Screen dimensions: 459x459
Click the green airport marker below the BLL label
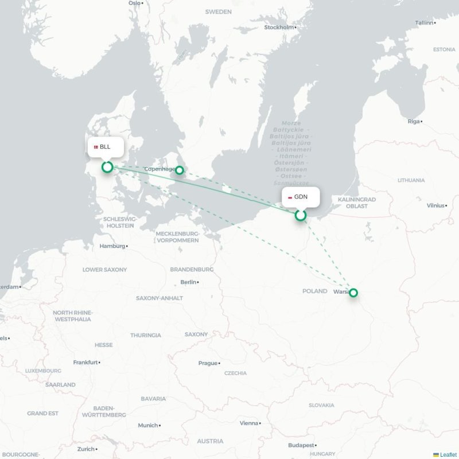(107, 167)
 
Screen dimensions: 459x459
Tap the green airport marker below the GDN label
(300, 215)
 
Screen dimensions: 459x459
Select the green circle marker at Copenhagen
(180, 170)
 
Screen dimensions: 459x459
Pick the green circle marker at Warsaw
(353, 293)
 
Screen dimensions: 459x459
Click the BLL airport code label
(105, 147)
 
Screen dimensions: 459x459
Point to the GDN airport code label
(301, 197)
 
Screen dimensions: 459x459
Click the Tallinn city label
(425, 22)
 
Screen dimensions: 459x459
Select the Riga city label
(414, 121)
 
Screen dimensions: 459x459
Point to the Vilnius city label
(435, 205)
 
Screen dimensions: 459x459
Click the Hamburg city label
(112, 246)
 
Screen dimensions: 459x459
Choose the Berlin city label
(188, 282)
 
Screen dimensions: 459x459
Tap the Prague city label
(208, 363)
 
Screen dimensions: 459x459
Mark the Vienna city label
(249, 423)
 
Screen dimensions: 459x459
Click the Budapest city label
(301, 445)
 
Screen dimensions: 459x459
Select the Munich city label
(147, 425)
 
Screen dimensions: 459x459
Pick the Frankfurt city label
(85, 362)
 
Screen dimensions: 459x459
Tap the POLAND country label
(314, 291)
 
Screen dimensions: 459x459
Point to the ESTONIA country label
(444, 49)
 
